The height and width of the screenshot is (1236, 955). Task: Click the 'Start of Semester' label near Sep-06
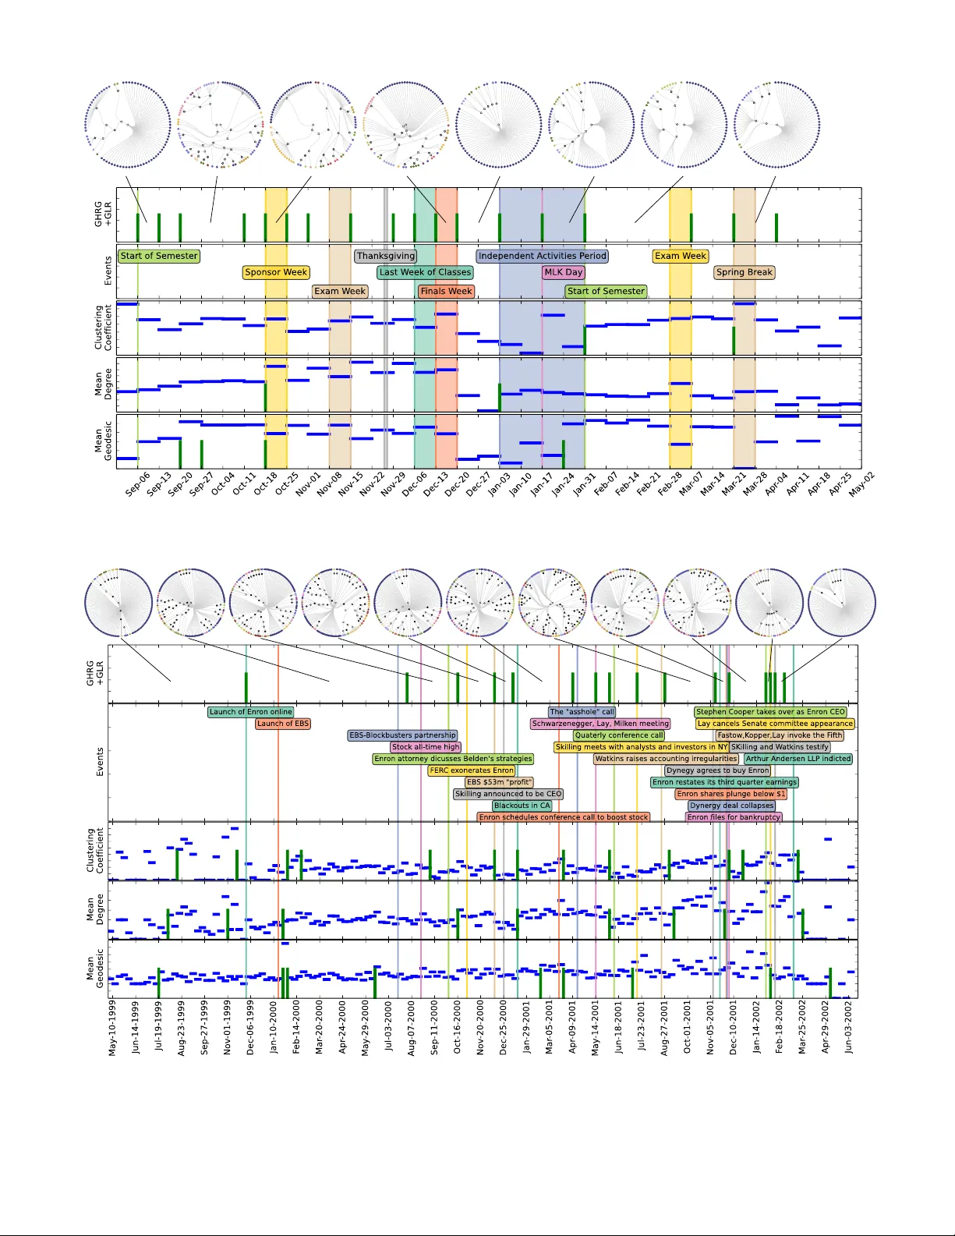(x=159, y=256)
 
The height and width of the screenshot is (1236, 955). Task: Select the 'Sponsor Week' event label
(x=276, y=272)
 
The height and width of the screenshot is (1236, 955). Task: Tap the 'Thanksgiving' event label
(x=386, y=256)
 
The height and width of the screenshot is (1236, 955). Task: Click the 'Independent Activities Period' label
(x=542, y=256)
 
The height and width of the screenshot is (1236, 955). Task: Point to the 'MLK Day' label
(x=563, y=272)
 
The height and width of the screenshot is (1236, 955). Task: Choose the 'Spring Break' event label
(x=745, y=272)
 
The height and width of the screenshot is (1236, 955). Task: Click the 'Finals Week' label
(x=446, y=291)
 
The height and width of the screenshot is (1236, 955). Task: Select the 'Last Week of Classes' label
(x=425, y=272)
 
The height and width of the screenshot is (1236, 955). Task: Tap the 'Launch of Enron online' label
(x=250, y=712)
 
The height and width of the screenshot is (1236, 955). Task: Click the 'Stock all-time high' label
(x=426, y=747)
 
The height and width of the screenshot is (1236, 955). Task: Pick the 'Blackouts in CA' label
(x=522, y=806)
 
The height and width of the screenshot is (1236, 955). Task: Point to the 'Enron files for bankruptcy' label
(x=734, y=817)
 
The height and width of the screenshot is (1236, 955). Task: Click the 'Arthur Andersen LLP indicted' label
(x=798, y=759)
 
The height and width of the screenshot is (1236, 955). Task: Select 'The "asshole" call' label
(x=582, y=712)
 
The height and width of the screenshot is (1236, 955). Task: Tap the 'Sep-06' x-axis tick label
(x=137, y=485)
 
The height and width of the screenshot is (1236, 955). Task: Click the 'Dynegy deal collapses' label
(x=732, y=806)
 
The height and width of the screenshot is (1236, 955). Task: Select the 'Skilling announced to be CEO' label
(x=508, y=794)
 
